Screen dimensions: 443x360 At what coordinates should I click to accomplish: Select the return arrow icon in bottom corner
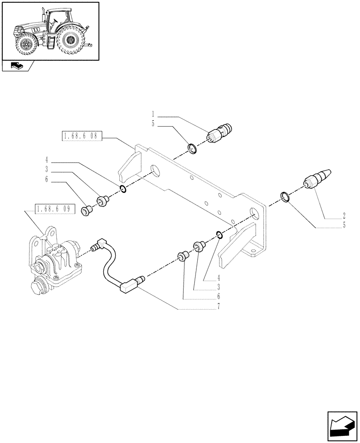pyautogui.click(x=342, y=426)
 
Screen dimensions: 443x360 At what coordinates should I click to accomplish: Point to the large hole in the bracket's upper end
pyautogui.click(x=156, y=171)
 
